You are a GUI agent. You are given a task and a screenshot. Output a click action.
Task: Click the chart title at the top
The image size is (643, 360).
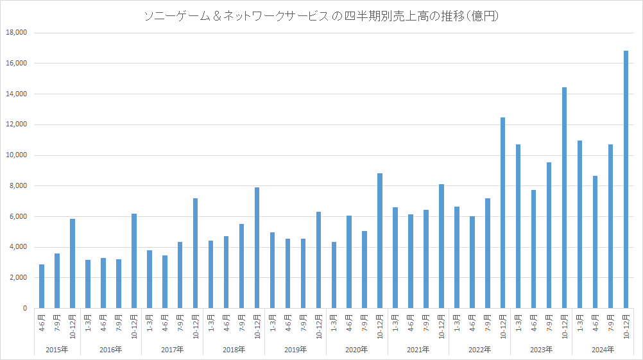pyautogui.click(x=321, y=17)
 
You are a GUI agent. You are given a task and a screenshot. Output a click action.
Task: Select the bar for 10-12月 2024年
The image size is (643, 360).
pyautogui.click(x=626, y=180)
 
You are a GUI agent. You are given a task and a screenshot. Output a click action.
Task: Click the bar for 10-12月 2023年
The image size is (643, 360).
pyautogui.click(x=564, y=198)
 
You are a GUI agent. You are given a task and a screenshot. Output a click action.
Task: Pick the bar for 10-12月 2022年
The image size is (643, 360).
pyautogui.click(x=502, y=213)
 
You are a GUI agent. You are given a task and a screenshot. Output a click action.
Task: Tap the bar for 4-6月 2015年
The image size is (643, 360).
pyautogui.click(x=42, y=286)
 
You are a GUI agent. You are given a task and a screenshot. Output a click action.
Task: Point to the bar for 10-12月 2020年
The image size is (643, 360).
pyautogui.click(x=379, y=241)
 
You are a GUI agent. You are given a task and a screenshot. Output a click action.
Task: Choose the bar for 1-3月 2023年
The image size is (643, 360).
pyautogui.click(x=518, y=227)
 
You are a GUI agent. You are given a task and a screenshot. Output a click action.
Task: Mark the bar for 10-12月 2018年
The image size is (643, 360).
pyautogui.click(x=257, y=248)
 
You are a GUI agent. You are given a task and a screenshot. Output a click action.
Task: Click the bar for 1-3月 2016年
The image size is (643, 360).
pyautogui.click(x=88, y=284)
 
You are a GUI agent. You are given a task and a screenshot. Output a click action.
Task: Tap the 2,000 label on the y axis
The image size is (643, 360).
pyautogui.click(x=17, y=278)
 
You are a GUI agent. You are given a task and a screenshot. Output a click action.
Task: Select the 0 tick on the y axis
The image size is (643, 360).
pyautogui.click(x=25, y=309)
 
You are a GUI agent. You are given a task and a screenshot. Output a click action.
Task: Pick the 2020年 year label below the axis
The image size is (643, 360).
pyautogui.click(x=356, y=350)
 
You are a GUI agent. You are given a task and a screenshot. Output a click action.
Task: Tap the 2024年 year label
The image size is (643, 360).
pyautogui.click(x=603, y=350)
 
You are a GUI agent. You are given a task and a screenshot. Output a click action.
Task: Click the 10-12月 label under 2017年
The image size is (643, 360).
pyautogui.click(x=196, y=327)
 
